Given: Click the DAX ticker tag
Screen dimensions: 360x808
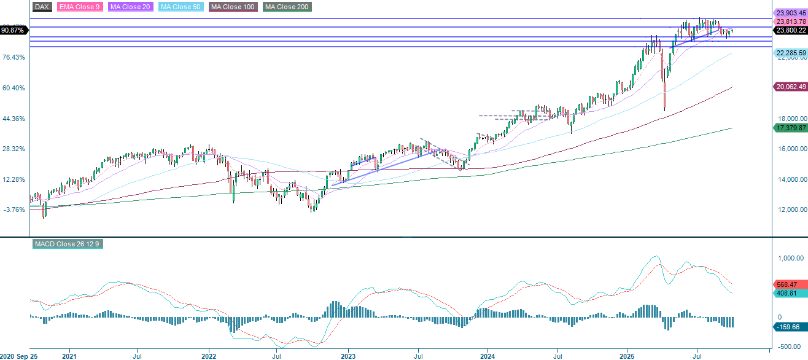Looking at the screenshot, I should (x=42, y=7).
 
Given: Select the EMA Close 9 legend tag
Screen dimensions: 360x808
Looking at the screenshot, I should (x=80, y=7).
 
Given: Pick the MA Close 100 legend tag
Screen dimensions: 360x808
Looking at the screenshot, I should (x=233, y=7).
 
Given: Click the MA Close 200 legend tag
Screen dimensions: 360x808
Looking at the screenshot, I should (x=287, y=7).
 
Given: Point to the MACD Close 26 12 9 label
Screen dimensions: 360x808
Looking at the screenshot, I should (x=66, y=245).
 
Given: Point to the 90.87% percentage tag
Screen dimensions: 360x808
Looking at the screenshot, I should (x=14, y=30).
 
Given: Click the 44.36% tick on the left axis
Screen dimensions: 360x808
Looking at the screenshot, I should (x=14, y=119).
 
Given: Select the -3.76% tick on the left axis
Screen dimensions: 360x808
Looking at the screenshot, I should (x=14, y=209).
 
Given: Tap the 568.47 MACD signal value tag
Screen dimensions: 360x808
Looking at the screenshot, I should (x=788, y=284).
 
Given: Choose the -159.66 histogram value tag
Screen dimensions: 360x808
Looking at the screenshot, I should (x=788, y=327).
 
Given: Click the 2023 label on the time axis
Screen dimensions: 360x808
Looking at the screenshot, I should (x=348, y=356).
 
